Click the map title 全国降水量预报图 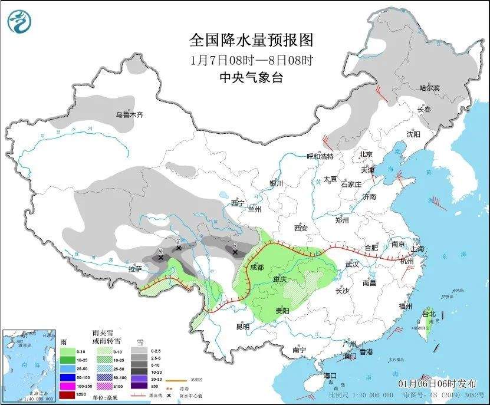pos(251,40)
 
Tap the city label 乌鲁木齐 pos(129,115)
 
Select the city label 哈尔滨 pos(429,88)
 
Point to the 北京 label pos(367,154)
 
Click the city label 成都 pos(257,266)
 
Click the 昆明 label pos(242,326)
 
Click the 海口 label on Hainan pos(330,376)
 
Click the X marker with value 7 pos(178,248)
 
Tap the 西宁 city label pos(238,203)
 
